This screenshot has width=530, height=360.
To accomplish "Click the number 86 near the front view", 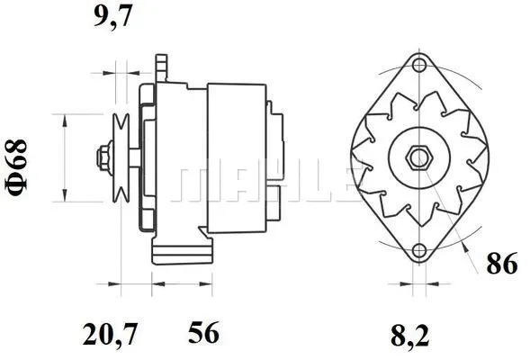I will point(500,264).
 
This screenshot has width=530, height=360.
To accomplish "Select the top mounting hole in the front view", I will point(418,64).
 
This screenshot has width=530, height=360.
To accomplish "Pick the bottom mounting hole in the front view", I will point(418,251).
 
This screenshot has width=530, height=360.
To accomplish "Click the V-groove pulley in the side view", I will point(121,157).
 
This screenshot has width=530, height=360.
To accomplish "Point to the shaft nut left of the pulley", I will point(103,157).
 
